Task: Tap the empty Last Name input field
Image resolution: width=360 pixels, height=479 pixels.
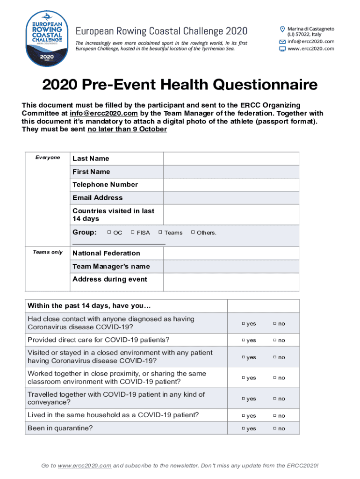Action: point(231,159)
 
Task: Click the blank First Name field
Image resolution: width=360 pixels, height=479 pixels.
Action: point(231,172)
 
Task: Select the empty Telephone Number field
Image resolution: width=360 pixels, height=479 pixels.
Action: point(231,185)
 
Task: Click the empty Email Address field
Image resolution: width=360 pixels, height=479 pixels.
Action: point(231,198)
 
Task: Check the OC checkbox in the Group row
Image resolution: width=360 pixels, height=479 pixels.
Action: point(109,232)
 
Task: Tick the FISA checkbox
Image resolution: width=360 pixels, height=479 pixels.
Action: point(132,232)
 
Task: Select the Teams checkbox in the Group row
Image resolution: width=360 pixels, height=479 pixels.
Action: point(160,232)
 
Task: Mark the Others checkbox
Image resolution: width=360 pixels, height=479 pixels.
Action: point(192,232)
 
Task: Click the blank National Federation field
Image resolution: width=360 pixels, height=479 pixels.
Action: point(231,253)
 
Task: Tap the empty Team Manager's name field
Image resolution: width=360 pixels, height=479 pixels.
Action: point(231,267)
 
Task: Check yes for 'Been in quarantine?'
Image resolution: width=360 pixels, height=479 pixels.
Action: point(243,428)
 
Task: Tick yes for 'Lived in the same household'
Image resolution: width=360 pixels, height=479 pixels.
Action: point(243,415)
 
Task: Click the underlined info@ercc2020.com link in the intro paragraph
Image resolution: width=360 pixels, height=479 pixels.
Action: point(103,113)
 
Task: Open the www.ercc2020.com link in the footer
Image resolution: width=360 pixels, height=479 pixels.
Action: point(84,465)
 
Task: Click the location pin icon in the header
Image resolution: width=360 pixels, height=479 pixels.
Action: point(282,29)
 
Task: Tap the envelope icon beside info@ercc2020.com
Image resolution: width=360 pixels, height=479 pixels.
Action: point(282,42)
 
